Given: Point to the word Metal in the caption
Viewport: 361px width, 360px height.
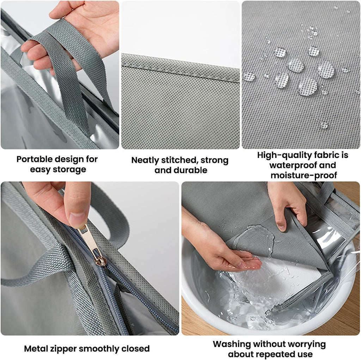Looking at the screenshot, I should coord(37,349).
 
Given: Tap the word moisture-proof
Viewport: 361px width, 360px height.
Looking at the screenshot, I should coord(304,175).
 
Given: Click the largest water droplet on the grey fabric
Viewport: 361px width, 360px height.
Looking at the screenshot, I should coord(307,86).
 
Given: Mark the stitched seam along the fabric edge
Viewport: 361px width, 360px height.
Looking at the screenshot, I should coord(180,67).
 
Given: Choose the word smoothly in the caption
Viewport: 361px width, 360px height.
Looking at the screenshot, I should coord(102,349).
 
